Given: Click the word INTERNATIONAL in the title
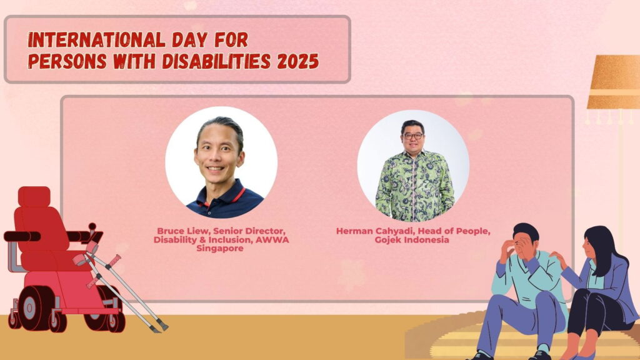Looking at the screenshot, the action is point(96,40).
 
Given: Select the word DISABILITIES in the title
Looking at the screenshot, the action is point(216,62).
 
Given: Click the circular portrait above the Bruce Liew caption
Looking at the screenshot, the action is point(221,162).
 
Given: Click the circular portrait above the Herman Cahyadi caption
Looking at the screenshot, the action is point(413,165).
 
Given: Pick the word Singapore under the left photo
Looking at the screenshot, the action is point(220,248).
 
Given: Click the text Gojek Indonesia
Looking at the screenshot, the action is point(412,239).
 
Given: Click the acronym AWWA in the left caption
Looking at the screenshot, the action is point(272,239).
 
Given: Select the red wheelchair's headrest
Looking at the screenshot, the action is point(34,196).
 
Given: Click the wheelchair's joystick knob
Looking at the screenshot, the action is point(92,226).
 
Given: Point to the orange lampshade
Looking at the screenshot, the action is point(614,82).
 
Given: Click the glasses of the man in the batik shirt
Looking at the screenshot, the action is point(412,136).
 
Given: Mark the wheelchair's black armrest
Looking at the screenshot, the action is point(22,236).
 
